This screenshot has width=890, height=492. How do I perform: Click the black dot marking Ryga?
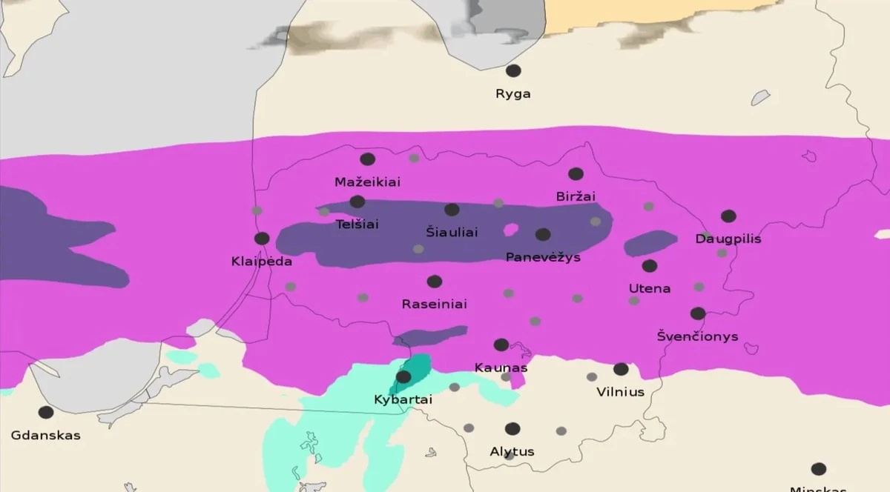513,71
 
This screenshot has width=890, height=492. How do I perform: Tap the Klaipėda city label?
262,262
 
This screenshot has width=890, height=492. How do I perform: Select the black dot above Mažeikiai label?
368,159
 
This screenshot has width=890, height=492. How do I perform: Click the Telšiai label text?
357,223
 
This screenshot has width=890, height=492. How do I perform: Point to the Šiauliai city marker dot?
452,210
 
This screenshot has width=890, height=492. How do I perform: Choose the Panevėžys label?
542,257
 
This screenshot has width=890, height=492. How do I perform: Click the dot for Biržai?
576,174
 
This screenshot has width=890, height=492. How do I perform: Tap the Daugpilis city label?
728,239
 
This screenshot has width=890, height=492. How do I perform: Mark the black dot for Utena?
650,266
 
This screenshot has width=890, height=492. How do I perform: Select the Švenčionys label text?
697,336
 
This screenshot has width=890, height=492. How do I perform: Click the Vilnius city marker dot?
621,369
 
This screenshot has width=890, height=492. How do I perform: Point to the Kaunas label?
501,368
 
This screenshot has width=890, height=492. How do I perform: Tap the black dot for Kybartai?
403,377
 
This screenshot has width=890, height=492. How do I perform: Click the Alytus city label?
512,451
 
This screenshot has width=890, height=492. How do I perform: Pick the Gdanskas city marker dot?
46,412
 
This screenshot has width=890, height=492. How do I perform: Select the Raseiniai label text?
434,304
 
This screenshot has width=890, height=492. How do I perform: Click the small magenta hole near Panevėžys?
510,230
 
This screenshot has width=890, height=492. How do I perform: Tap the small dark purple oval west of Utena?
650,243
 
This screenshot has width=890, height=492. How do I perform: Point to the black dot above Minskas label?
818,469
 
